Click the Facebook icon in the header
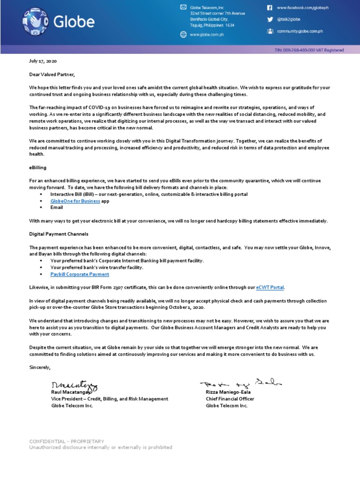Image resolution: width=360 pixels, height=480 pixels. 270,8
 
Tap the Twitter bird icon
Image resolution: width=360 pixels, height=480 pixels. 270,20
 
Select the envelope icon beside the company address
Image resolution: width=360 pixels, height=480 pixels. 183,7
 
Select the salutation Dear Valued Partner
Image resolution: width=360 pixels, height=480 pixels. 52,75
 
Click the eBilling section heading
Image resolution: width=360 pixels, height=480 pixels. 38,167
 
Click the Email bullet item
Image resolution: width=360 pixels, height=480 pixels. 57,207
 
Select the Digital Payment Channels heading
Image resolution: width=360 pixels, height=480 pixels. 59,233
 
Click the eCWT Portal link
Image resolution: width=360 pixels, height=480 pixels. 270,287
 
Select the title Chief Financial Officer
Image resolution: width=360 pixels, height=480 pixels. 230,399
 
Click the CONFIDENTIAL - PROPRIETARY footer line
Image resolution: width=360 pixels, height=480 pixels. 67,441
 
